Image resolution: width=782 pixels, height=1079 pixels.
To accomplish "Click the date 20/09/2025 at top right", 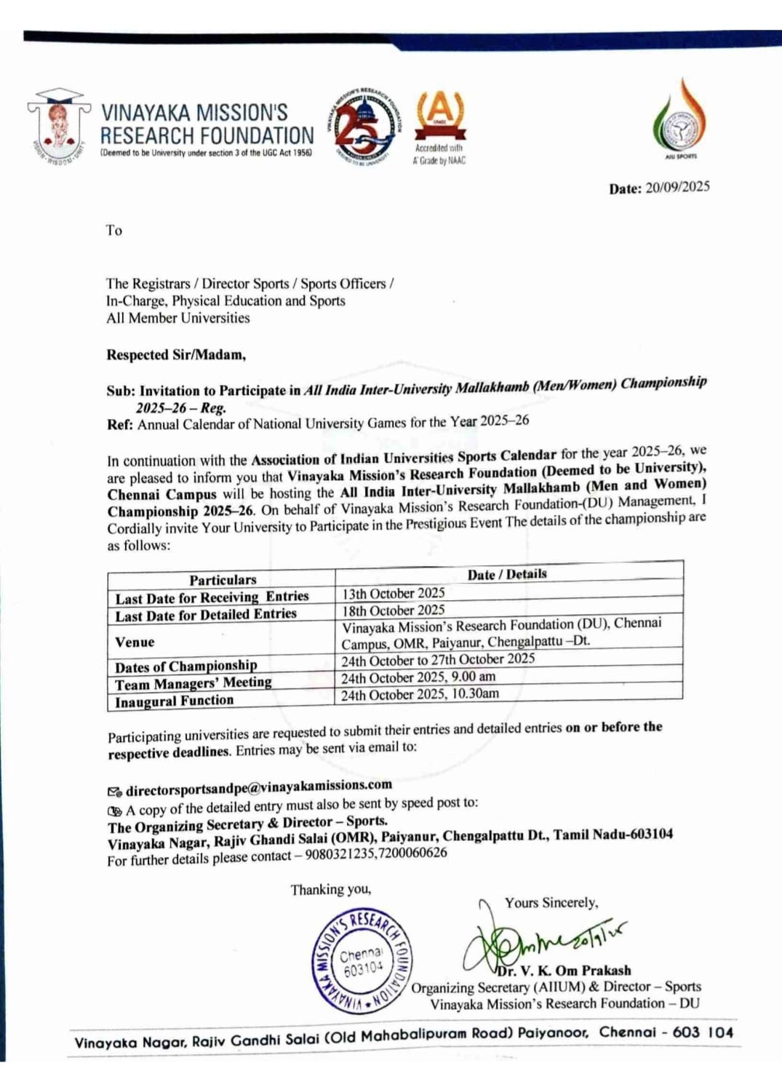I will tap(677, 187).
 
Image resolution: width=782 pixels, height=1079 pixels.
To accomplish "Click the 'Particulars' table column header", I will tap(223, 580).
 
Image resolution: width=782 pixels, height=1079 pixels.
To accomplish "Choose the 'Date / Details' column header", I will tap(507, 574).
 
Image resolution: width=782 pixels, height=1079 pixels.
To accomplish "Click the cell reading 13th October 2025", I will tap(394, 593).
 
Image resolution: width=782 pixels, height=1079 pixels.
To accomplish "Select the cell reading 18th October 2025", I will tap(394, 610).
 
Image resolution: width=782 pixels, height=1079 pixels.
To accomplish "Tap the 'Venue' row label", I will tap(135, 642).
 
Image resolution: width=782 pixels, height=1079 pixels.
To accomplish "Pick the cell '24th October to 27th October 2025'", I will tap(438, 659).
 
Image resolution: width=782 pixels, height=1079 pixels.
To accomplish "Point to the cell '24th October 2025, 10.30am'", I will tap(420, 694).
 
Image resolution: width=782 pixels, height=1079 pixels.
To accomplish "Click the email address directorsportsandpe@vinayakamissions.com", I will tap(258, 787).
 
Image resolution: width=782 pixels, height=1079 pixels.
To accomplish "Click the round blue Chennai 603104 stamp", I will tap(361, 960).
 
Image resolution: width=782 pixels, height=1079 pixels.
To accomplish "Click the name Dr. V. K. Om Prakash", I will tap(564, 971).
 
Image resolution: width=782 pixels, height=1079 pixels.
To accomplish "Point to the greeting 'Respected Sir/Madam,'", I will tap(176, 355).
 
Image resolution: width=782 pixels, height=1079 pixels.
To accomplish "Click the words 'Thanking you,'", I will tap(331, 889).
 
